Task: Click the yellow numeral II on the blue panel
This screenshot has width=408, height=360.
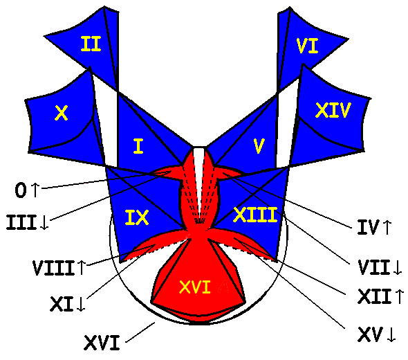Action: click(91, 44)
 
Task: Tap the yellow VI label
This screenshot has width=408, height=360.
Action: click(307, 46)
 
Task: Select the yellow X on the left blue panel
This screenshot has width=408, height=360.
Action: click(61, 113)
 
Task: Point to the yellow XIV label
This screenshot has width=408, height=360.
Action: click(333, 110)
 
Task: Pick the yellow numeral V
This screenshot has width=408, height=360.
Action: click(259, 146)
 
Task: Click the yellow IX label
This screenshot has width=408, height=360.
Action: click(137, 217)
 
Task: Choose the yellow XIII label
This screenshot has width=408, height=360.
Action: click(255, 215)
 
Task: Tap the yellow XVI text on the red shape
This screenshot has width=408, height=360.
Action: click(195, 287)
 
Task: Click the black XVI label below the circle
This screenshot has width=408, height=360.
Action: click(102, 343)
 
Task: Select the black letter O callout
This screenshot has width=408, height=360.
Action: click(21, 190)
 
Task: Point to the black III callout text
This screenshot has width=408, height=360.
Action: click(21, 222)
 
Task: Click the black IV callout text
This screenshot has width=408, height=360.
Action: click(368, 227)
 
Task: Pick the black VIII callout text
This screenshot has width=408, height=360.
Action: click(54, 268)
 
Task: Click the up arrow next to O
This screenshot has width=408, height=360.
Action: click(35, 190)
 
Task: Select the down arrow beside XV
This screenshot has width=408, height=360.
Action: click(391, 334)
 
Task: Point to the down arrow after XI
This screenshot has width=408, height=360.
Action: click(81, 304)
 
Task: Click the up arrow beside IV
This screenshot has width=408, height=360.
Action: click(387, 227)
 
